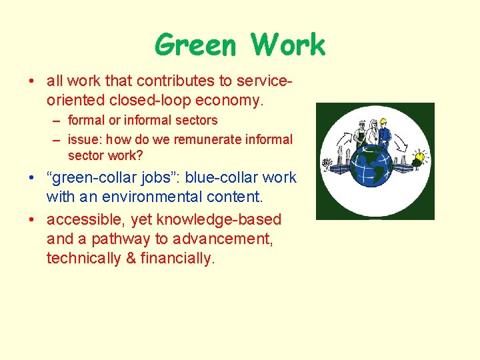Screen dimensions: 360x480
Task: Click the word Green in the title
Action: pyautogui.click(x=195, y=46)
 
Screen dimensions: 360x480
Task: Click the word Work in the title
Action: pyautogui.click(x=288, y=46)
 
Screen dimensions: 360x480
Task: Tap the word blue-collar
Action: pyautogui.click(x=222, y=178)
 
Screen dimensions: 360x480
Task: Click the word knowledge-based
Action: pyautogui.click(x=219, y=219)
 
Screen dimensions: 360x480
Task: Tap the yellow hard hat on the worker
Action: pyautogui.click(x=383, y=121)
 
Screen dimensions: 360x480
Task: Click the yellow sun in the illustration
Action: pyautogui.click(x=419, y=159)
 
